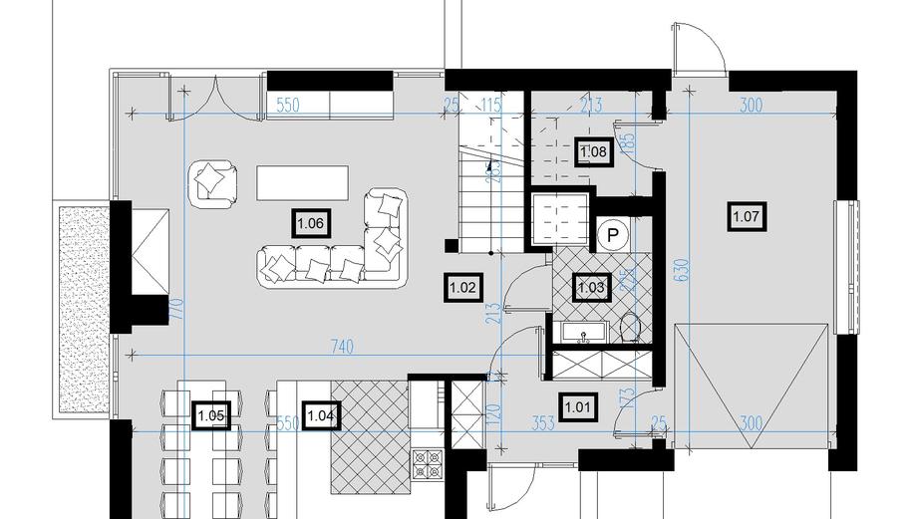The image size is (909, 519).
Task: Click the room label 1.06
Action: (x=309, y=223)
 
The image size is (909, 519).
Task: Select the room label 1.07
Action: (x=748, y=215)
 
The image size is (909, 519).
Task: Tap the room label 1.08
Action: (x=593, y=151)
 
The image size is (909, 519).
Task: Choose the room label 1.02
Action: (x=462, y=288)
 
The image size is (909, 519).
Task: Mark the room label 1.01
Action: (x=578, y=405)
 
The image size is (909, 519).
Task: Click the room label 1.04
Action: (x=321, y=414)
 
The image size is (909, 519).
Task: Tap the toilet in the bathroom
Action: (x=630, y=327)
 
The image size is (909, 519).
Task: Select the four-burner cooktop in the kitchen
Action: (x=428, y=462)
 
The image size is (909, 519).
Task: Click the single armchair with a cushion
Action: (x=212, y=181)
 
